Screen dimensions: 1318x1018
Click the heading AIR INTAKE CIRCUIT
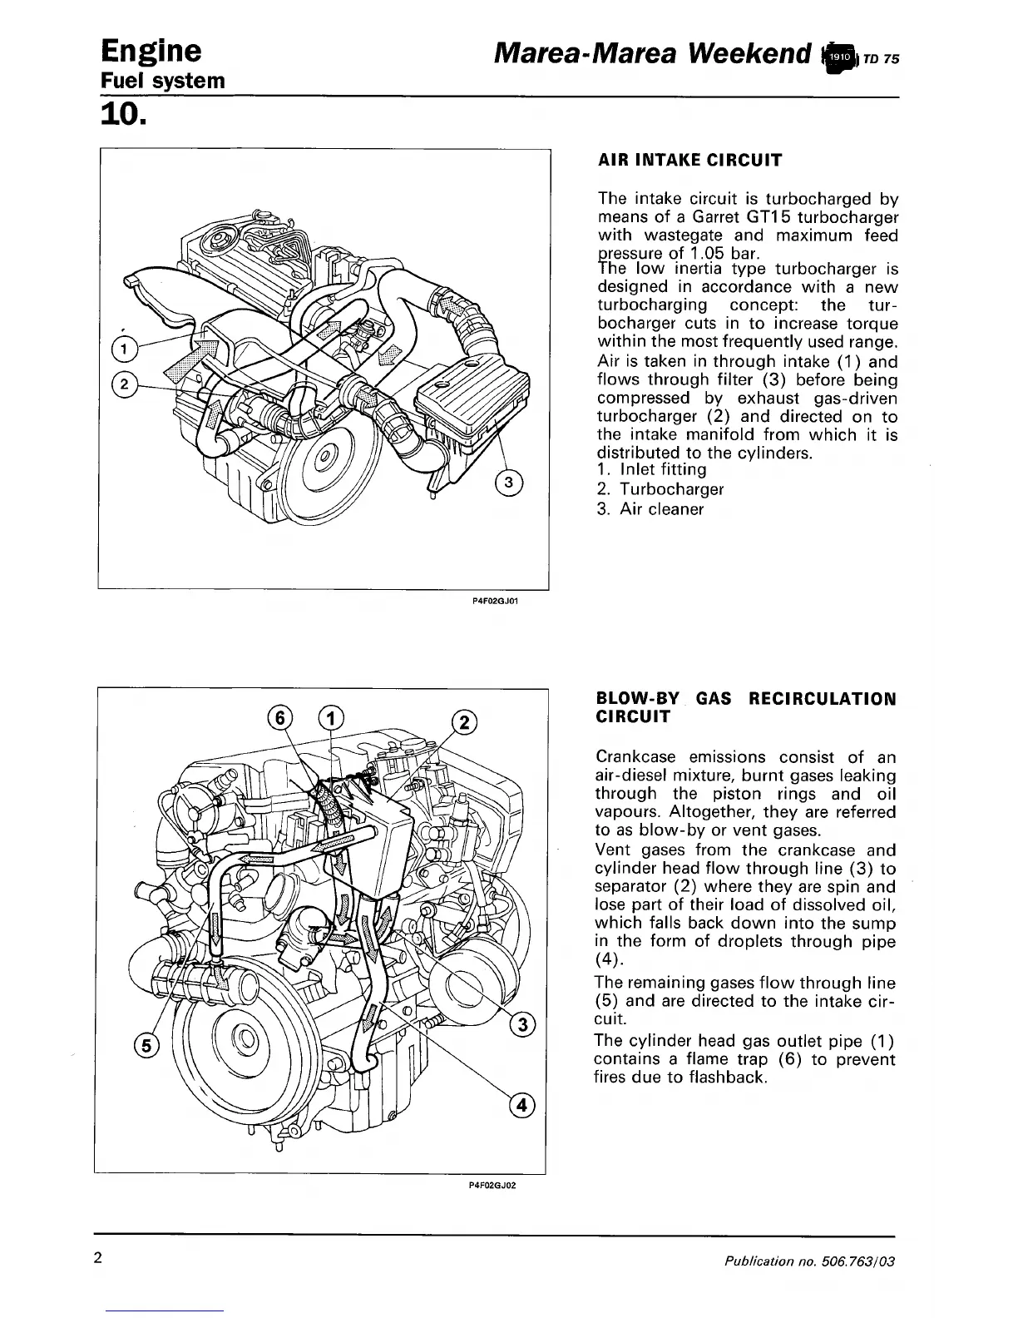point(689,161)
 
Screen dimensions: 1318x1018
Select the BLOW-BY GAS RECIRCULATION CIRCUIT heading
point(746,707)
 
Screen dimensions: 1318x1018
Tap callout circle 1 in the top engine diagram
point(123,349)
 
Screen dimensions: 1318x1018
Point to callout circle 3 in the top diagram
point(509,483)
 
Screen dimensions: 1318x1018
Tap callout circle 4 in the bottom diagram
point(521,1105)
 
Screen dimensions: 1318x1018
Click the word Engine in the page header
point(150,52)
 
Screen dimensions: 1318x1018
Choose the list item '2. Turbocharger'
point(660,489)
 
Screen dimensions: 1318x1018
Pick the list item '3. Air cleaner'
point(650,508)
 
